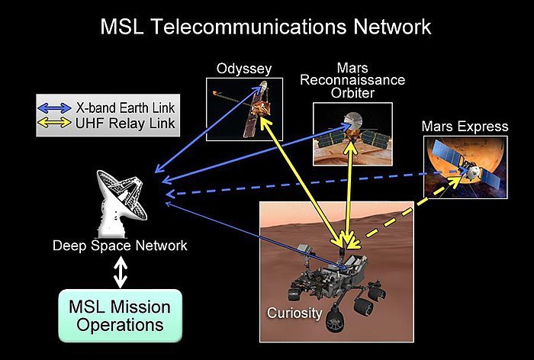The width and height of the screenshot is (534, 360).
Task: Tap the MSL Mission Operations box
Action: [x=121, y=316]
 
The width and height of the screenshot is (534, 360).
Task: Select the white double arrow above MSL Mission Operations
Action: [x=121, y=272]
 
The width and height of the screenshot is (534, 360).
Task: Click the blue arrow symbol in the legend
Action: [x=54, y=108]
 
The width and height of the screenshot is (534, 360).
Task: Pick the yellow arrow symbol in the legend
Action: [x=54, y=123]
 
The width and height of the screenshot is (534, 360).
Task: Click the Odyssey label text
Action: [x=244, y=69]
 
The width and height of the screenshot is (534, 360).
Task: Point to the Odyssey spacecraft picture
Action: [x=244, y=109]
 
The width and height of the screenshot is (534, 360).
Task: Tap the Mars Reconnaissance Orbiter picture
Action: [x=352, y=134]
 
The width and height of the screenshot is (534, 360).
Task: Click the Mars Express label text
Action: [x=465, y=127]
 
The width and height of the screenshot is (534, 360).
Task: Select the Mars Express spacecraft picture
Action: [x=465, y=167]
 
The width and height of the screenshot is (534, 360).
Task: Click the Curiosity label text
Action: [x=294, y=313]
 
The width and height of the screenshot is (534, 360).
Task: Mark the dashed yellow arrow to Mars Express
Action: [x=413, y=207]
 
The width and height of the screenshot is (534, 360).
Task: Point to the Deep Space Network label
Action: [x=120, y=246]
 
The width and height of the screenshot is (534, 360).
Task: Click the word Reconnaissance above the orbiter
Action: [x=352, y=80]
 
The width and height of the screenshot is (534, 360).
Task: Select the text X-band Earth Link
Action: [x=125, y=108]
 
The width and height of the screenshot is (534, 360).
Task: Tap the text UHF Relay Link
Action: [x=125, y=123]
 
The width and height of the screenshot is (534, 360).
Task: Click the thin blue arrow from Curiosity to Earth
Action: [x=257, y=236]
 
